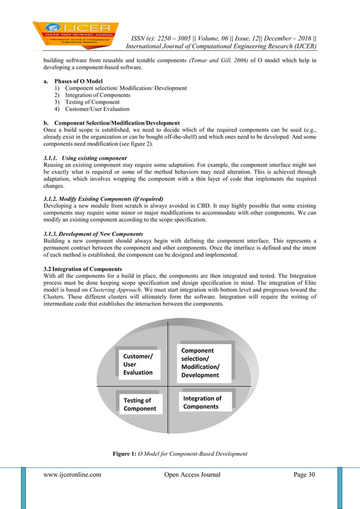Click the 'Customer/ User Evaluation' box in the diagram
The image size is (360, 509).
pos(138,365)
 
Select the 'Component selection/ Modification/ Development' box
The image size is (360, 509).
pos(201,363)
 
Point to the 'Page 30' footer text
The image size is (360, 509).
pos(304,475)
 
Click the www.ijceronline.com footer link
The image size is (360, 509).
pos(72,475)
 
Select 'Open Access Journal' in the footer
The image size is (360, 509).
pos(192,475)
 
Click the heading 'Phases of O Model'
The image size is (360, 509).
pos(78,81)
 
